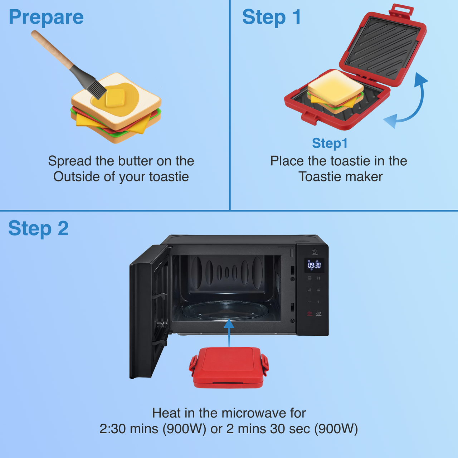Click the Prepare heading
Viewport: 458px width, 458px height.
coord(46,17)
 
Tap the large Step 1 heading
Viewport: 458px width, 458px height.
coord(272,17)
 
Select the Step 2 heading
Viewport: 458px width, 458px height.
coord(38,228)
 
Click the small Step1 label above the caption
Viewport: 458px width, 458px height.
coord(330,143)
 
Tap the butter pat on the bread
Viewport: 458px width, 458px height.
coord(115,98)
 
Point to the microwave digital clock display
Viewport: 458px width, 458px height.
coord(314,265)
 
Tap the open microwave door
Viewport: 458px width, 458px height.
coord(148,311)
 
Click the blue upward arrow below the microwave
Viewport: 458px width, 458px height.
coord(229,333)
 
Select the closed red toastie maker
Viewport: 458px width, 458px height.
coord(229,367)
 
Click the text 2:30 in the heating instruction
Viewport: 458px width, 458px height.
coord(112,429)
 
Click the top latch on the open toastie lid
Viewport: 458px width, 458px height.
coord(401,10)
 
